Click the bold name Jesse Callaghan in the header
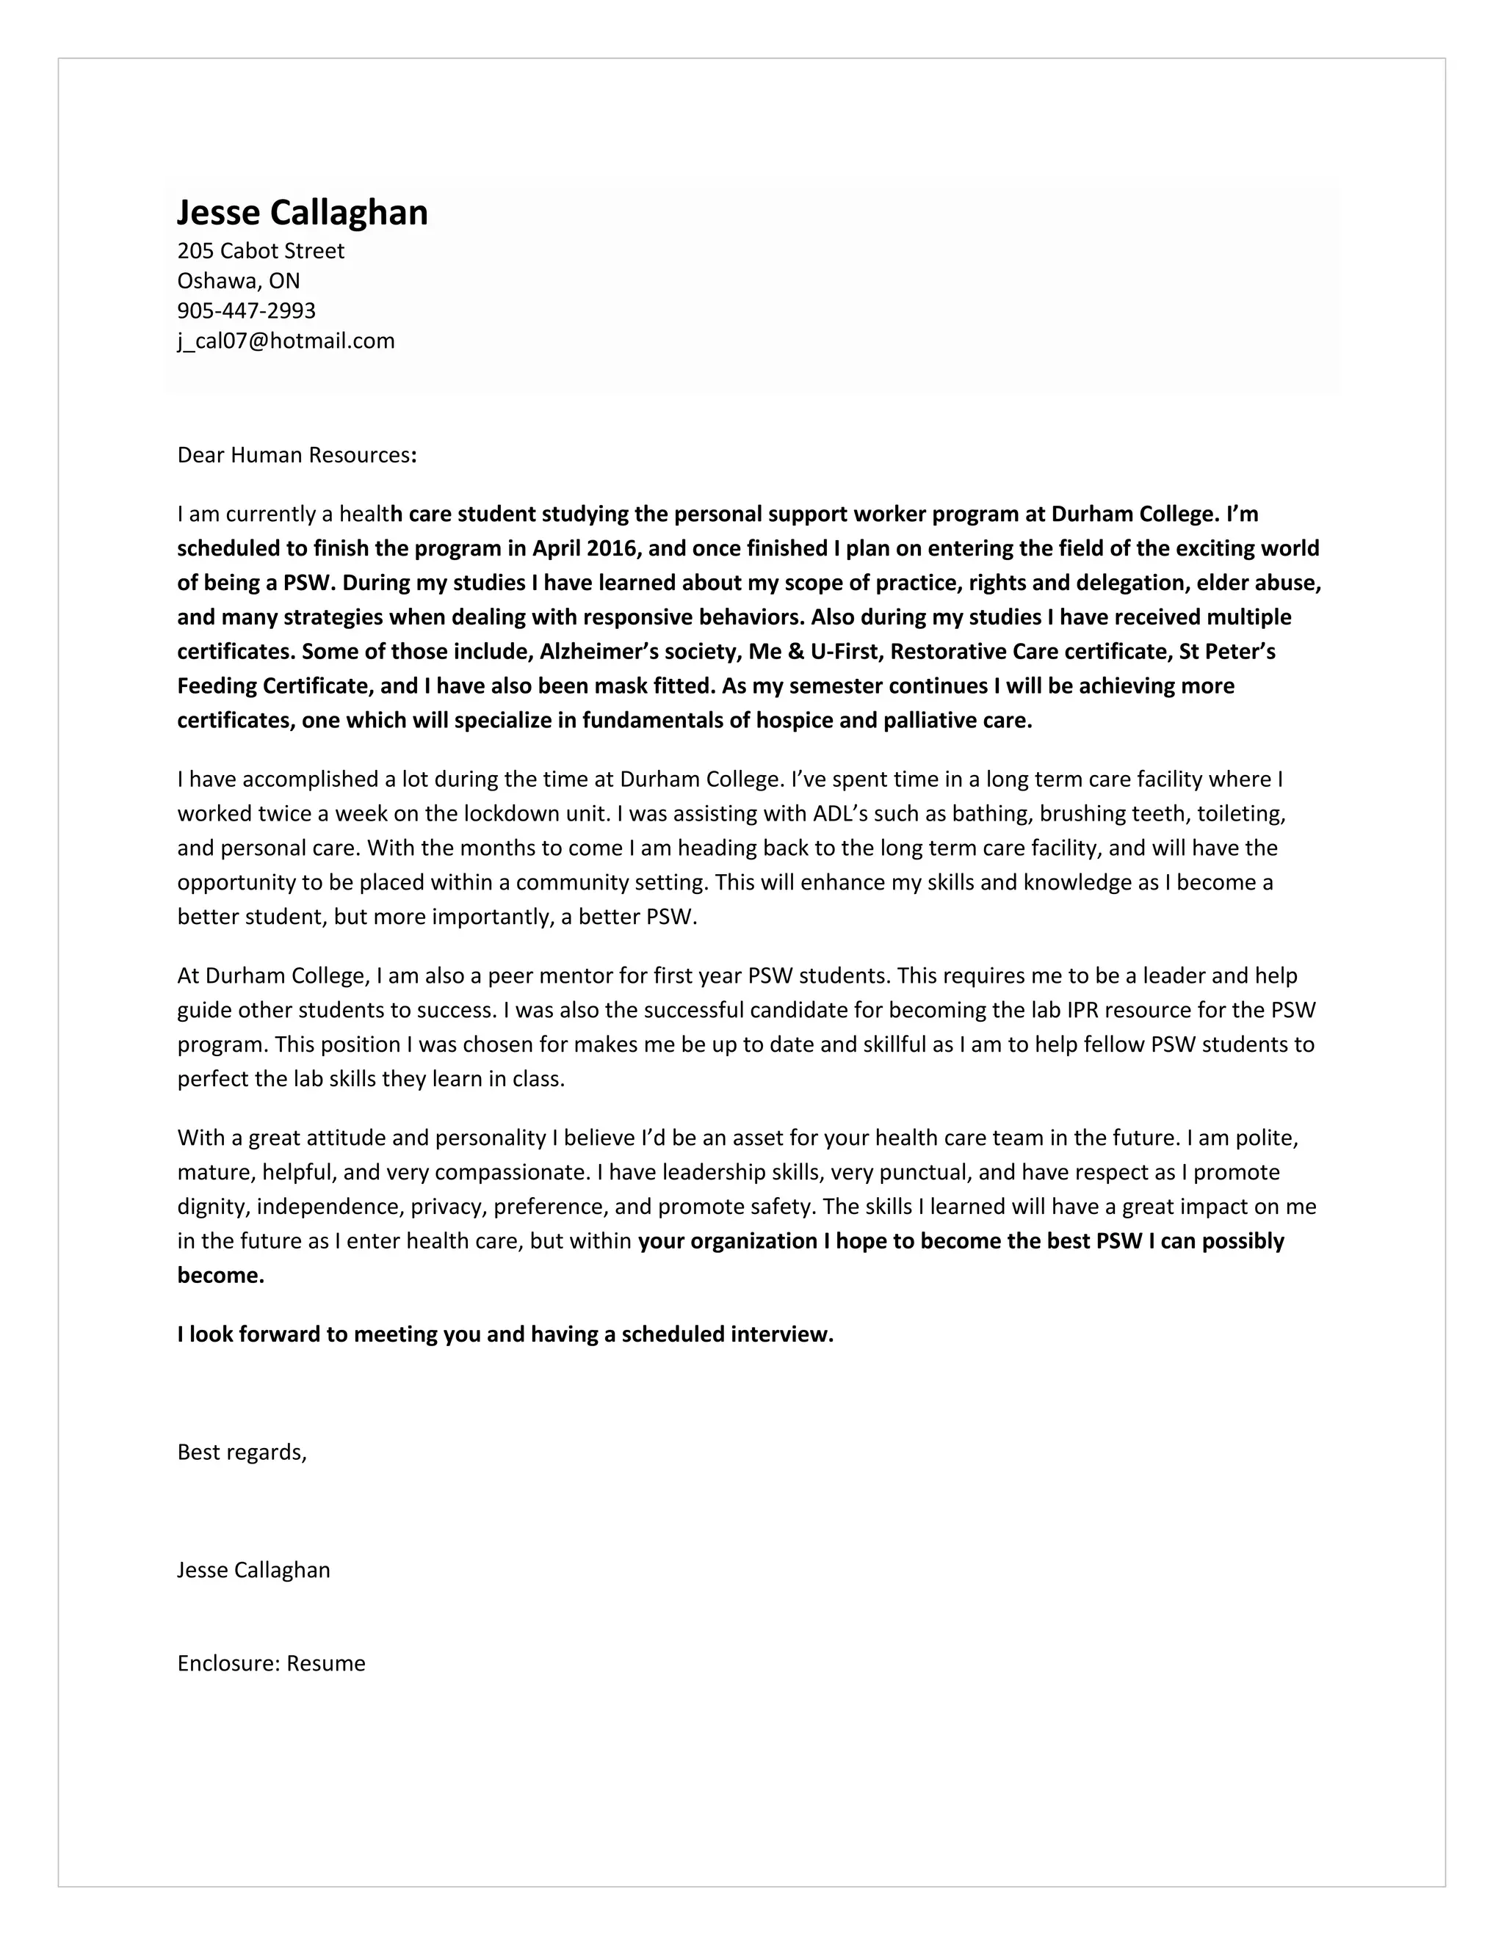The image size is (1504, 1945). tap(302, 213)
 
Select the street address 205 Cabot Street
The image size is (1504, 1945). tap(260, 251)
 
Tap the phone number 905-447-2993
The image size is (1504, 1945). tap(246, 310)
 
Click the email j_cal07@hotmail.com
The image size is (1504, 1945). tap(285, 341)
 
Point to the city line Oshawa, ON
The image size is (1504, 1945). tap(238, 281)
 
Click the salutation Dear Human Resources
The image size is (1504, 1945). tap(296, 455)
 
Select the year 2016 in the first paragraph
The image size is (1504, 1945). tap(611, 548)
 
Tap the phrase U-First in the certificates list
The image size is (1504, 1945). tap(844, 652)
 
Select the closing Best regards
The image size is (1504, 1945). tap(242, 1453)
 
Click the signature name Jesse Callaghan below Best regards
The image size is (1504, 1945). tap(253, 1570)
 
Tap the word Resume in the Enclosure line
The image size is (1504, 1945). tap(326, 1664)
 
